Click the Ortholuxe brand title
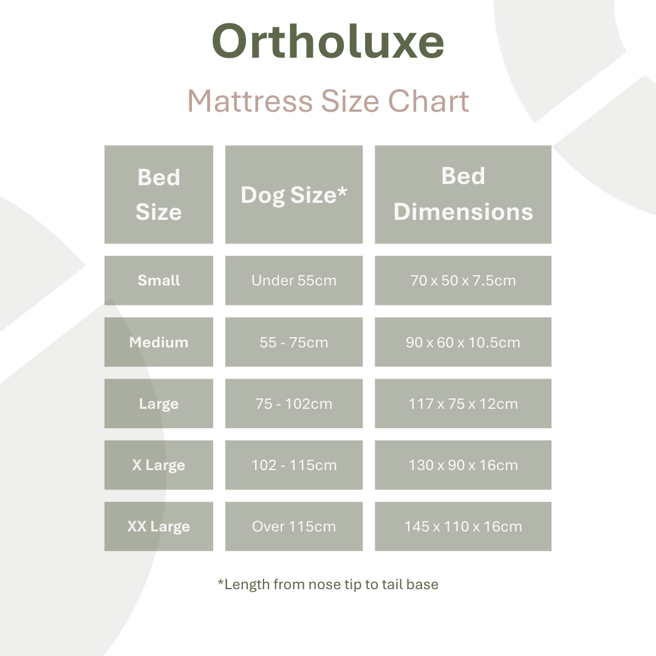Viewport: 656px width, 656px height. point(328,43)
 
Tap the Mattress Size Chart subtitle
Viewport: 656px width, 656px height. point(328,101)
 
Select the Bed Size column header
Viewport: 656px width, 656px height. point(159,194)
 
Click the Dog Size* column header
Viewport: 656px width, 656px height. point(294,194)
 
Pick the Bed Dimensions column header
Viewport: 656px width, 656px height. point(463,194)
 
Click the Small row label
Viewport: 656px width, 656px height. point(159,281)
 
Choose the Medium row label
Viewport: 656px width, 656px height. point(159,342)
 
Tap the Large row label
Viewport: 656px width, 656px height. point(159,404)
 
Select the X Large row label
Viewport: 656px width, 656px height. point(159,465)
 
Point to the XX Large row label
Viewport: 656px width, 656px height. point(159,527)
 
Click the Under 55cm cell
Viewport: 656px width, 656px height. point(294,281)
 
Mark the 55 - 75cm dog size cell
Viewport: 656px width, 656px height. point(294,342)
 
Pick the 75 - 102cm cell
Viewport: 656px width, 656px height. point(294,404)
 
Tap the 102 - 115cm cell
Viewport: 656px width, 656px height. point(294,465)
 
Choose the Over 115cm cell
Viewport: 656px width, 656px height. point(294,527)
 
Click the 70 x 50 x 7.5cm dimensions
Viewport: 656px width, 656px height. point(463,281)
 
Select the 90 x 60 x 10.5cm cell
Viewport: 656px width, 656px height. point(463,342)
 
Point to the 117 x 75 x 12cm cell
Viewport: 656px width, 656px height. point(463,404)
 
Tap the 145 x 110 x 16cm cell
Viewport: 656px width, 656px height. point(463,527)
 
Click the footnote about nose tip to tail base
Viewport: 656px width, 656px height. point(328,584)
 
